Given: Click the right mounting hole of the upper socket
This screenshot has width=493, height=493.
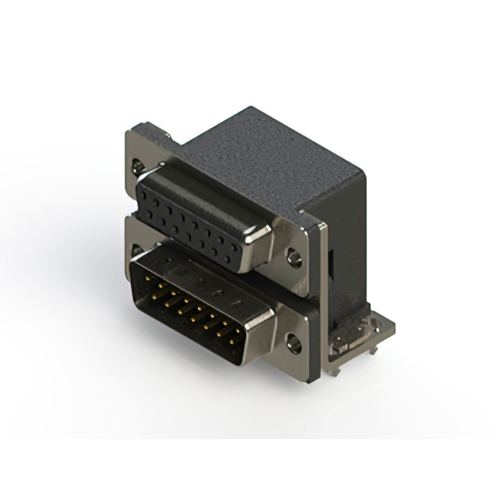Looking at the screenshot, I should pyautogui.click(x=293, y=257).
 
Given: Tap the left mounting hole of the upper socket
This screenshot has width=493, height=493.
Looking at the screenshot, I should pyautogui.click(x=137, y=165).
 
